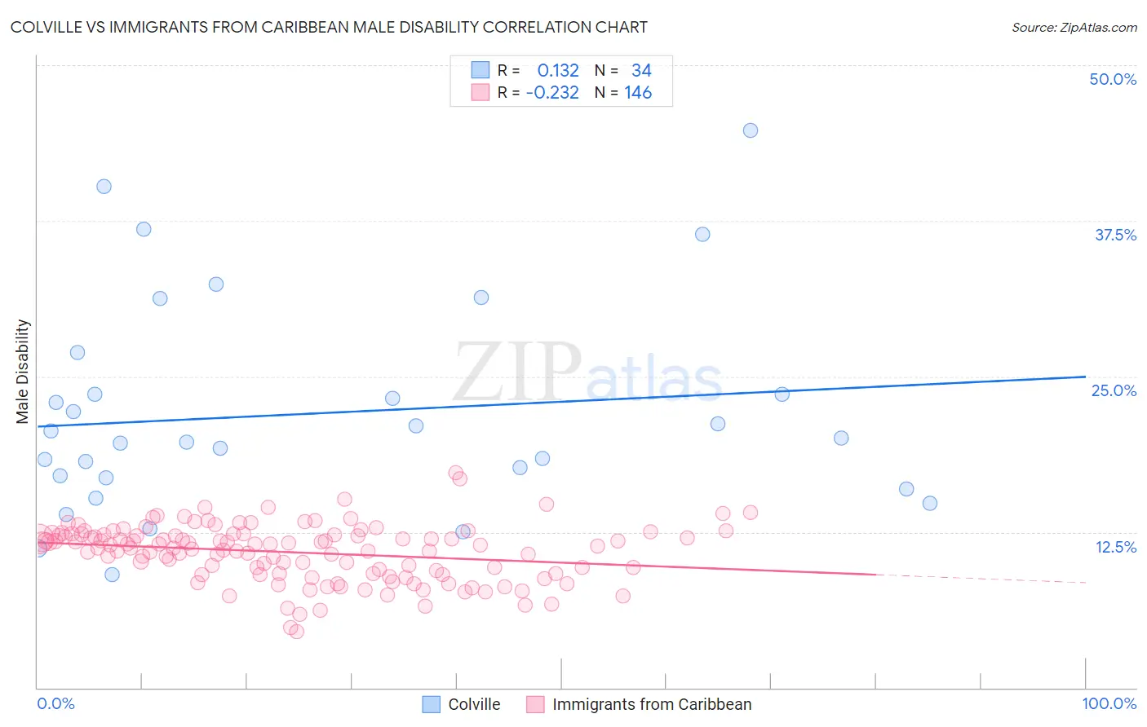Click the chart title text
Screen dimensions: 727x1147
tap(329, 27)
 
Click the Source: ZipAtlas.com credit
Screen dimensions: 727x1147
tap(1074, 27)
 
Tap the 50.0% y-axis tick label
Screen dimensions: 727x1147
tap(1113, 79)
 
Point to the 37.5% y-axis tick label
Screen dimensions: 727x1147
tap(1115, 235)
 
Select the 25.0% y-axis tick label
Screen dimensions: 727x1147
tap(1114, 390)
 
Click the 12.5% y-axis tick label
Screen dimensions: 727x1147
tap(1115, 547)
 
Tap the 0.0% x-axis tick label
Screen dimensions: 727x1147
tap(55, 703)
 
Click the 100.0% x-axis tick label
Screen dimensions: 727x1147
tap(1109, 703)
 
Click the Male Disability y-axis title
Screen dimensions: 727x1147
tap(23, 371)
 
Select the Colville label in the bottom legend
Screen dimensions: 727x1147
tap(474, 704)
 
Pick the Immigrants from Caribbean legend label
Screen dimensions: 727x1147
tap(652, 704)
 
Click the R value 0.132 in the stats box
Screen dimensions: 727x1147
tap(558, 71)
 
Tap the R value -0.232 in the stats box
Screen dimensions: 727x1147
tap(552, 93)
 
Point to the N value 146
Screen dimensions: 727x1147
tap(638, 93)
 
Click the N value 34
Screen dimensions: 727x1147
tap(641, 71)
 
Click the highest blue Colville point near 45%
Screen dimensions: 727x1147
tap(751, 130)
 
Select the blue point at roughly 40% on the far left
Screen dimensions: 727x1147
tap(104, 186)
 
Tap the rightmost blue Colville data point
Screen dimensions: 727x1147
tap(930, 503)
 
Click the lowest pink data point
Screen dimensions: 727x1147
tap(297, 632)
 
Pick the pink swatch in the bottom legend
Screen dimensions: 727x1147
tap(535, 704)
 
